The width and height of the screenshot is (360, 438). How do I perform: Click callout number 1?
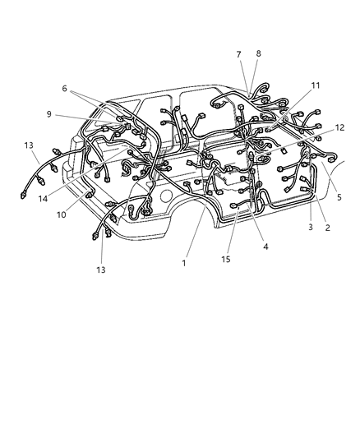pyautogui.click(x=185, y=263)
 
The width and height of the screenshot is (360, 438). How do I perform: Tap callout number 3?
pyautogui.click(x=310, y=227)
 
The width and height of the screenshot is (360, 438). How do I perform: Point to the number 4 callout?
pyautogui.click(x=265, y=245)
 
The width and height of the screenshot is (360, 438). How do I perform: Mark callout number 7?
pyautogui.click(x=239, y=54)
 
